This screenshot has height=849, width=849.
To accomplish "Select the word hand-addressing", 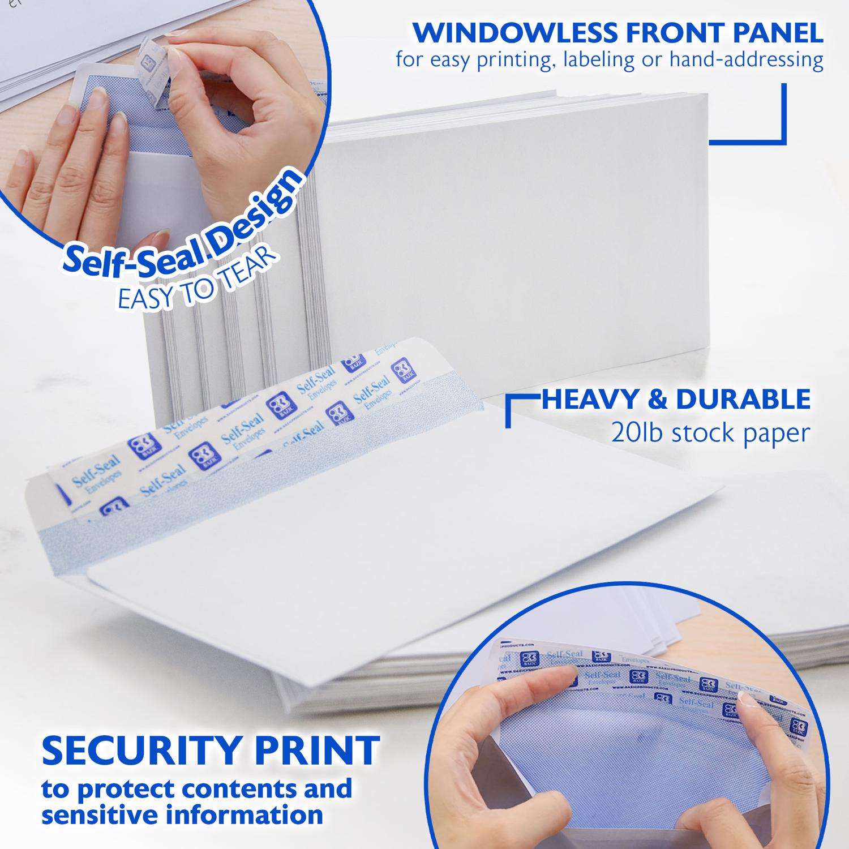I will (746, 60).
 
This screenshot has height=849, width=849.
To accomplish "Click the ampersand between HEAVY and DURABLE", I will (658, 399).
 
